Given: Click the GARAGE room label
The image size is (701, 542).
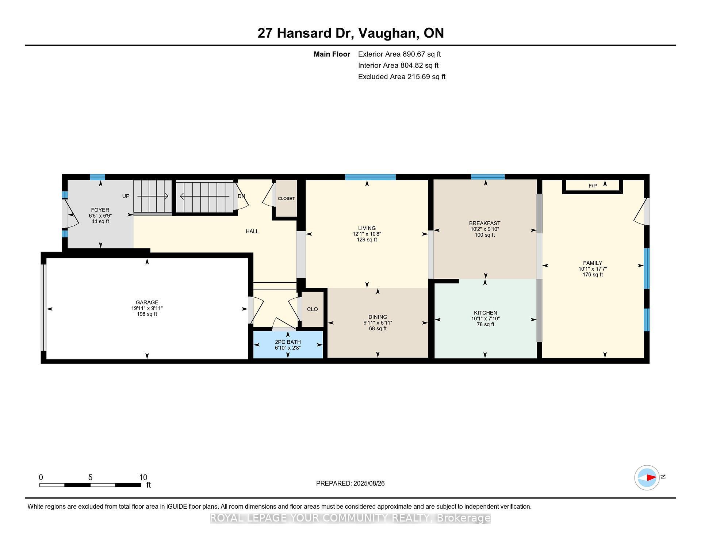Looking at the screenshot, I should pyautogui.click(x=147, y=302).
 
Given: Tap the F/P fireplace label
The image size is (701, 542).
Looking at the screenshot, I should pyautogui.click(x=593, y=186).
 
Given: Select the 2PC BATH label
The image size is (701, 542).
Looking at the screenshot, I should pyautogui.click(x=288, y=342).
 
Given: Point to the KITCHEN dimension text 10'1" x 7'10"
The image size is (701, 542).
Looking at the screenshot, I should pyautogui.click(x=485, y=318).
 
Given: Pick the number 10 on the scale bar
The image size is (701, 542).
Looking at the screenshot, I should pyautogui.click(x=143, y=477).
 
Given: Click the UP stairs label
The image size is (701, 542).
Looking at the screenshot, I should pyautogui.click(x=126, y=196).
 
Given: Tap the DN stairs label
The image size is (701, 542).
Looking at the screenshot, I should pyautogui.click(x=241, y=196).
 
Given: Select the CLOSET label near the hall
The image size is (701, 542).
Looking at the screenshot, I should pyautogui.click(x=286, y=199).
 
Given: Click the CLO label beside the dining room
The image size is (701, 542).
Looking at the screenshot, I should pyautogui.click(x=312, y=309).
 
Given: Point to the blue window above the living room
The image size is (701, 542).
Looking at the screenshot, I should pyautogui.click(x=370, y=177).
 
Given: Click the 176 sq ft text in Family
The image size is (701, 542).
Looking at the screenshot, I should pyautogui.click(x=593, y=275).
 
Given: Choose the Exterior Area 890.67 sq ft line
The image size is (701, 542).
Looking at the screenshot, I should pyautogui.click(x=399, y=54).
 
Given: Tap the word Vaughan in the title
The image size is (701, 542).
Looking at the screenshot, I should pyautogui.click(x=388, y=33).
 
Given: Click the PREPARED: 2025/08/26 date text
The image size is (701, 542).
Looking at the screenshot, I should pyautogui.click(x=350, y=484).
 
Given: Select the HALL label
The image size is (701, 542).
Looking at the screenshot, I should pyautogui.click(x=252, y=231).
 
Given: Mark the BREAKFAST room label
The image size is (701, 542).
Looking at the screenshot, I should pyautogui.click(x=484, y=223).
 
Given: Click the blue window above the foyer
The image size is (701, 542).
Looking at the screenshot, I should pyautogui.click(x=97, y=177).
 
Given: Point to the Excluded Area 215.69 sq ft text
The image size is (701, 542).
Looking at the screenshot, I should pyautogui.click(x=402, y=77).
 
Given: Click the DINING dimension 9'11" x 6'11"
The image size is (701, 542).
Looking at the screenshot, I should pyautogui.click(x=378, y=323).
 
